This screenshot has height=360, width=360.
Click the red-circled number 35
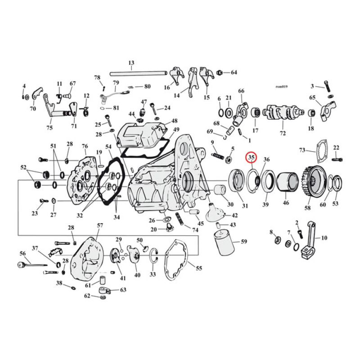point(251,158)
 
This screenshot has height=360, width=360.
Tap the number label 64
point(234,72)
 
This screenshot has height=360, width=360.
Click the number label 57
point(99,225)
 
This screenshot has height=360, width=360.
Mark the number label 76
point(84,146)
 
